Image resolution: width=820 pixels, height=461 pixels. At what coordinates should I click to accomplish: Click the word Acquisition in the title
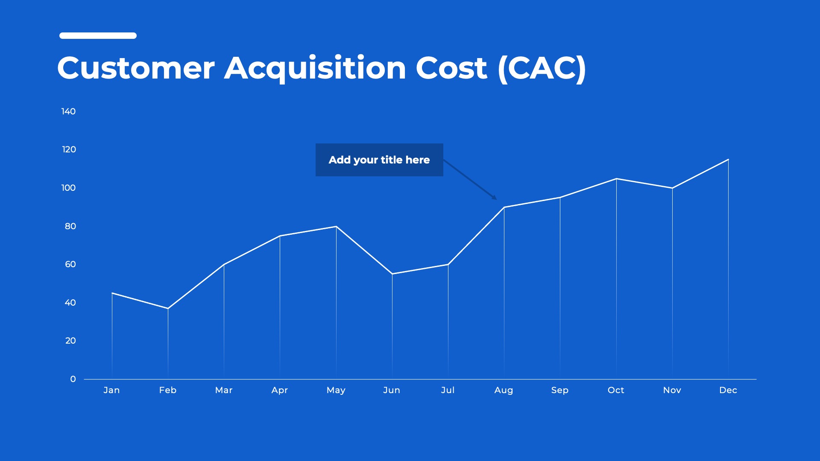(315, 68)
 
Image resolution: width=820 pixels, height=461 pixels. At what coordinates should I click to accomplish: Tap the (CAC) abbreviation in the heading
(542, 68)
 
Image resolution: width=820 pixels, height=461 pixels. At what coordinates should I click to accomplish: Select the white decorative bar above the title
(98, 35)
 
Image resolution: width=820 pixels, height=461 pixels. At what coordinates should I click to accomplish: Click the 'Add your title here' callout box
(379, 160)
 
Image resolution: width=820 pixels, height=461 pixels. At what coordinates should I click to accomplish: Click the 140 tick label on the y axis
(68, 111)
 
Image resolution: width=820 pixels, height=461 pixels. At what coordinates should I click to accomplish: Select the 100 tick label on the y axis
(68, 188)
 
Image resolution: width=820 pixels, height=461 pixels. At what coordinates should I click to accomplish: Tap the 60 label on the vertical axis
(70, 264)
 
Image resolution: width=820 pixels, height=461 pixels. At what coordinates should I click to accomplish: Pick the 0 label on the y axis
(73, 379)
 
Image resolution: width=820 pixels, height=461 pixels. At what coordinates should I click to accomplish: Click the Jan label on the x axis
(111, 390)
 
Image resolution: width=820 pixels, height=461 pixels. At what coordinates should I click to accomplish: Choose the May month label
(336, 390)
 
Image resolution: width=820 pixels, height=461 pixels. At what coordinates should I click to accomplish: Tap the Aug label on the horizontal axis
(504, 390)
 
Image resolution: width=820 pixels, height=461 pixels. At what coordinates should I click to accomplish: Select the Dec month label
(728, 390)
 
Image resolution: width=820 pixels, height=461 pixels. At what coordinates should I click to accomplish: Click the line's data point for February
(168, 308)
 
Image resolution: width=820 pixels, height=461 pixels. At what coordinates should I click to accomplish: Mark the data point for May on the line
(336, 226)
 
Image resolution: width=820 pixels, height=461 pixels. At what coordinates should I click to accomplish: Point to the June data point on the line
(392, 274)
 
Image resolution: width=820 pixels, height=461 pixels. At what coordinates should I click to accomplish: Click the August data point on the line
(504, 207)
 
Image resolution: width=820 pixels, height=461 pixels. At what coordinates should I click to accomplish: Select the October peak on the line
(616, 178)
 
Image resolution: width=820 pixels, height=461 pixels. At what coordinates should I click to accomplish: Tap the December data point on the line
(728, 159)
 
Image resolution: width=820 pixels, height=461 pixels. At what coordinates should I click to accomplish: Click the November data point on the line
(672, 188)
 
